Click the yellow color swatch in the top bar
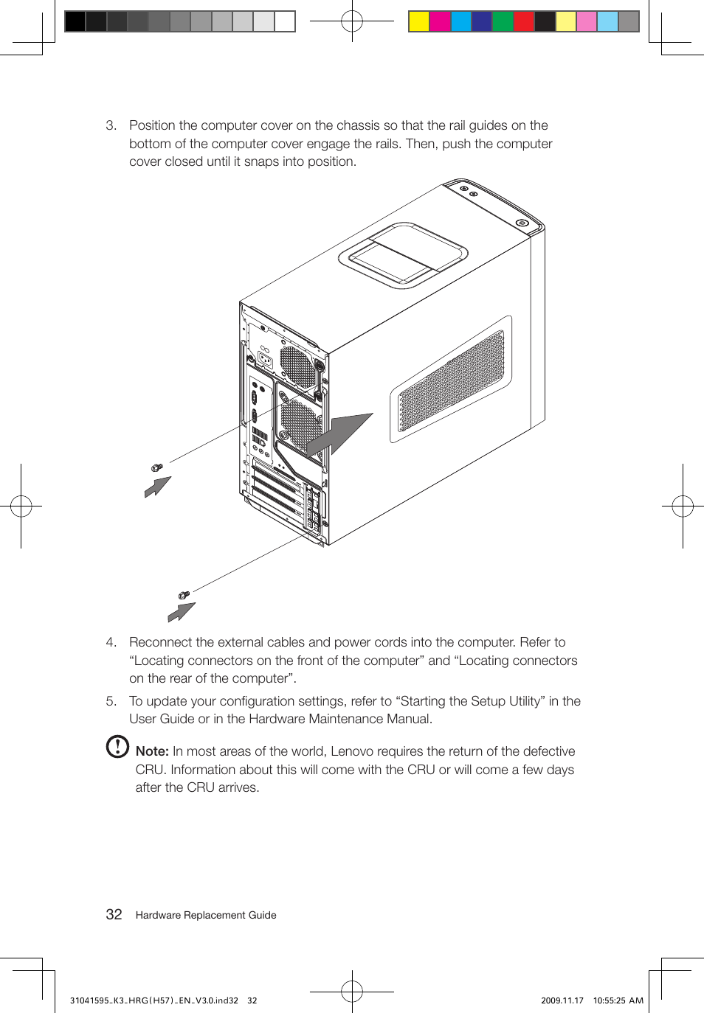[x=419, y=21]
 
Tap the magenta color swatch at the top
[x=440, y=21]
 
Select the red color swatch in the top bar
[x=523, y=21]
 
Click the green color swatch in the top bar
[x=503, y=21]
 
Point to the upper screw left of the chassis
[x=156, y=467]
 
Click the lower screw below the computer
[x=184, y=594]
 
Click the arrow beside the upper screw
[x=157, y=487]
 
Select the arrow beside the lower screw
[x=181, y=612]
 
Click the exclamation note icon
[x=117, y=747]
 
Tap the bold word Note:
[x=152, y=751]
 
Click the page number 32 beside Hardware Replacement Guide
[x=114, y=915]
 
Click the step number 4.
[x=111, y=642]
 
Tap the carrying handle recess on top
[x=403, y=254]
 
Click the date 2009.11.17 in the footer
[x=562, y=1000]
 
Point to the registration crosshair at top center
[x=352, y=21]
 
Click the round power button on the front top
[x=522, y=223]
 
